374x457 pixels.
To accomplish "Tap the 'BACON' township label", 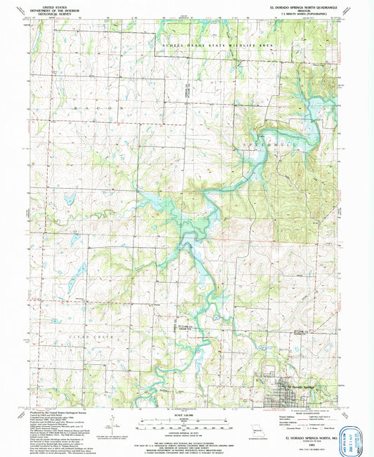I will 99,110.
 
